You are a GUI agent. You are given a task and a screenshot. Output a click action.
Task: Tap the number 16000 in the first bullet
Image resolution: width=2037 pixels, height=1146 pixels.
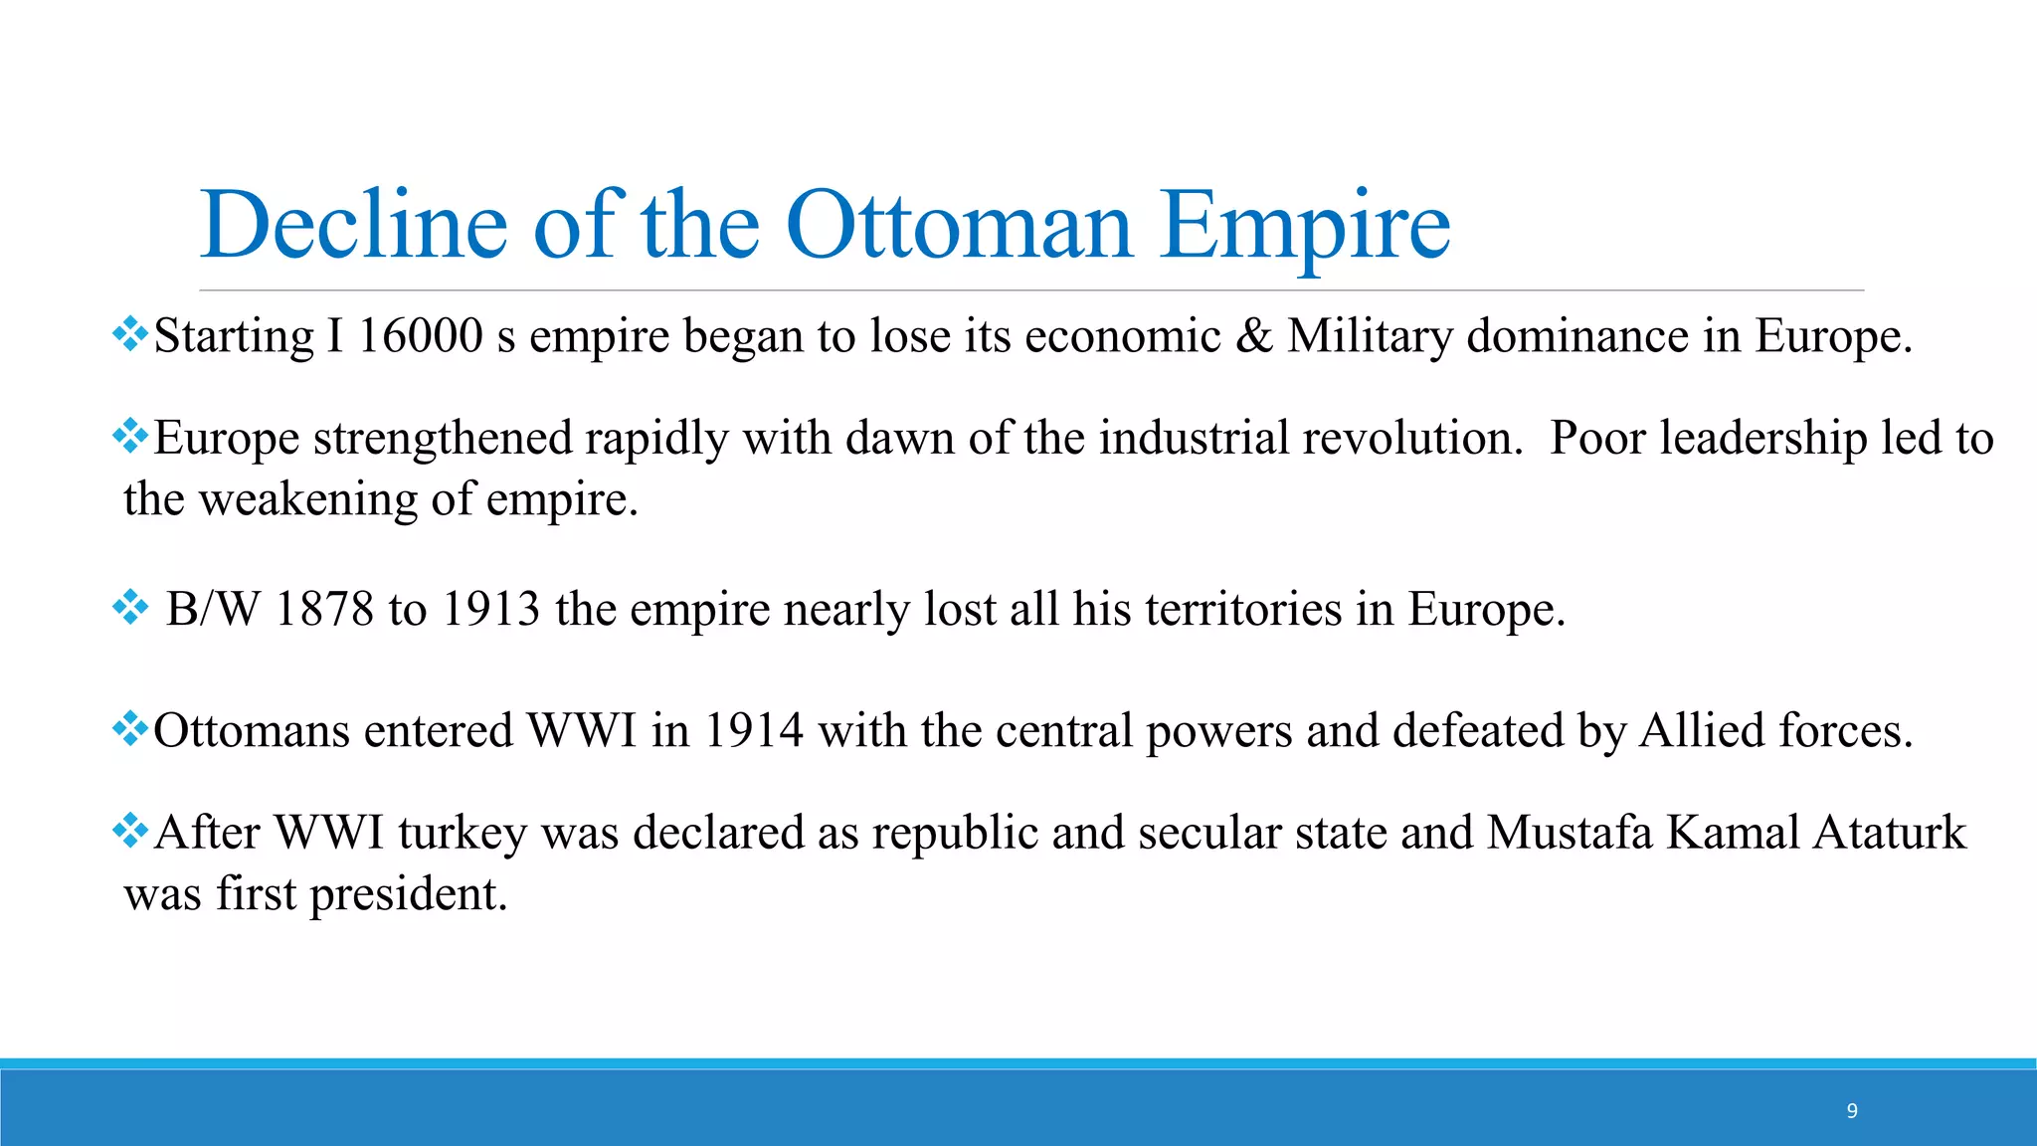420,335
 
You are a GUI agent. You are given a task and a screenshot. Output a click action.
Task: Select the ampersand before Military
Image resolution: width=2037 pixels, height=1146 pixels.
1253,335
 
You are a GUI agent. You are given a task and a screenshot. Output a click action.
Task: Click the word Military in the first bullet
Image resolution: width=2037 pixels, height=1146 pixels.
1370,337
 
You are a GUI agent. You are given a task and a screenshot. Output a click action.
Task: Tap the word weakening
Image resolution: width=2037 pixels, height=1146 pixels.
308,499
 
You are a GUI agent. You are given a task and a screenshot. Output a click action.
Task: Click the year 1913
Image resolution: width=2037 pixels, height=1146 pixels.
490,609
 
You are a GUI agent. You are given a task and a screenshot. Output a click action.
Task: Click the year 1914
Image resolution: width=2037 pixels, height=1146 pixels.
754,731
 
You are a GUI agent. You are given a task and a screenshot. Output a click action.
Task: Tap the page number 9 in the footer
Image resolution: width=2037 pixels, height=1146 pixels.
1852,1111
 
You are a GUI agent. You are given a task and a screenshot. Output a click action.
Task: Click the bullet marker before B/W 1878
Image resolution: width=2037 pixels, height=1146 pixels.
130,607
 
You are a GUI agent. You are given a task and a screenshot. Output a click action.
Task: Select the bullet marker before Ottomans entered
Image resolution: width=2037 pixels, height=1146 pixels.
130,729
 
